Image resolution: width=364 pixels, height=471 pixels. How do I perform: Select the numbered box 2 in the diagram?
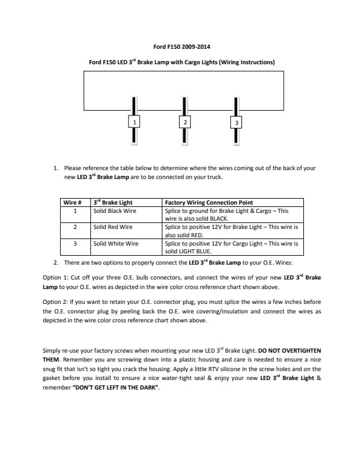click(x=186, y=122)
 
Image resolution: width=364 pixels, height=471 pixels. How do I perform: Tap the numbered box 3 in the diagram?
click(x=237, y=123)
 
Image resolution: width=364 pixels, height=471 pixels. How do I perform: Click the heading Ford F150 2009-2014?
click(x=181, y=46)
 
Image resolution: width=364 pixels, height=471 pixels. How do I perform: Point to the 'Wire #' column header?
click(x=73, y=203)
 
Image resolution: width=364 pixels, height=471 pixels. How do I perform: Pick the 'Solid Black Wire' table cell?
click(x=115, y=211)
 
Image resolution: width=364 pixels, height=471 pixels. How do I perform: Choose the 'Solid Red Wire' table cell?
click(x=112, y=227)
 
